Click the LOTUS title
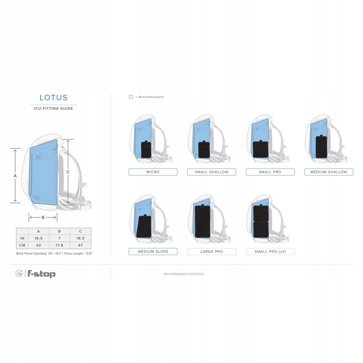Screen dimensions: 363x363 point(53,98)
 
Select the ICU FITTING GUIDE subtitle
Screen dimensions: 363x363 point(53,108)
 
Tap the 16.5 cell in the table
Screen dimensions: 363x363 point(39,238)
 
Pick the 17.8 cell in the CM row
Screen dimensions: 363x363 point(60,245)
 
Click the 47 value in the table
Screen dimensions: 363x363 point(80,245)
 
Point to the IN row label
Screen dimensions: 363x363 point(22,238)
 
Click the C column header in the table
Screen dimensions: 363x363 point(80,231)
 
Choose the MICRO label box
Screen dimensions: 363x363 point(153,172)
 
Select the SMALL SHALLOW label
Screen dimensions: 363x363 point(212,172)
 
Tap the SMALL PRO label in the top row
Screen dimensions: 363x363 point(270,172)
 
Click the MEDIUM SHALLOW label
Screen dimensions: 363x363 point(329,172)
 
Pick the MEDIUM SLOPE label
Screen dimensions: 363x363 point(153,252)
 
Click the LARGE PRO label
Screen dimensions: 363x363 point(212,252)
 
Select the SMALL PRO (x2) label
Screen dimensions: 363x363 point(270,252)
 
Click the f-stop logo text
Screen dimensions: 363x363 point(41,274)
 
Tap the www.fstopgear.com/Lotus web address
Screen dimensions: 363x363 point(184,274)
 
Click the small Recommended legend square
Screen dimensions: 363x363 point(131,97)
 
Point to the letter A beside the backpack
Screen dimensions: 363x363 point(15,176)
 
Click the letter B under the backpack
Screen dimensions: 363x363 point(43,217)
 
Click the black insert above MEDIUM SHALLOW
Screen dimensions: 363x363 point(321,147)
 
